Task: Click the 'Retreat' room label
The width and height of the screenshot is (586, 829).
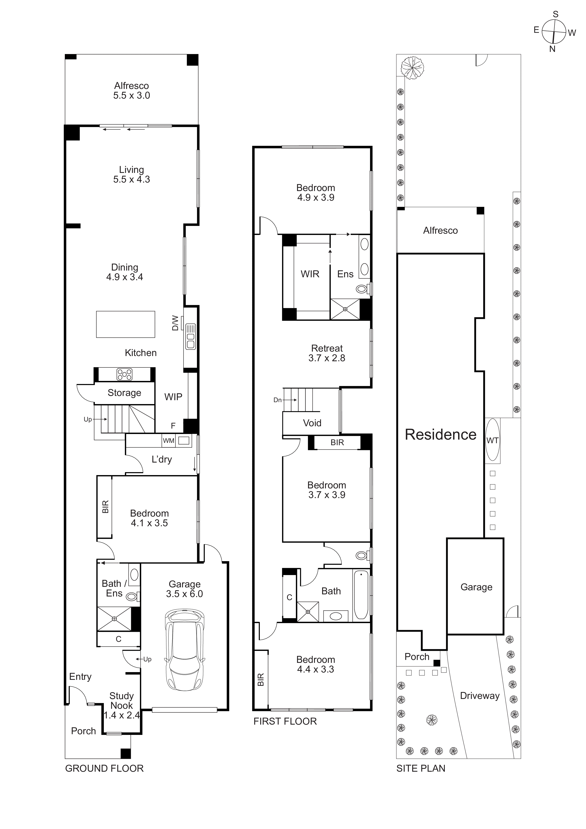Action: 327,349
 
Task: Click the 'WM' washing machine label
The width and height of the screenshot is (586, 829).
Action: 169,441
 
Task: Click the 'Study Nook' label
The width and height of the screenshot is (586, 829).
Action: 122,700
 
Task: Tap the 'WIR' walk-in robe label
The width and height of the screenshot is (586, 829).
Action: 310,274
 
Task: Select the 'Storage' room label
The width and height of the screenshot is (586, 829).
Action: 124,393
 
